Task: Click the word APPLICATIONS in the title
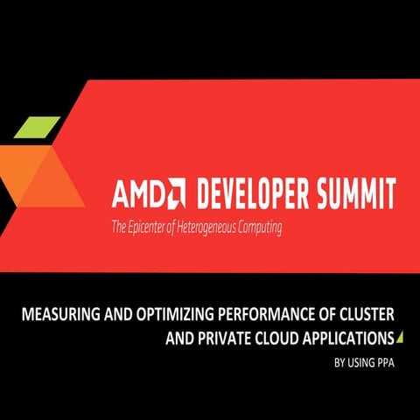[x=346, y=336]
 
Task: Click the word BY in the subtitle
[x=337, y=359]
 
